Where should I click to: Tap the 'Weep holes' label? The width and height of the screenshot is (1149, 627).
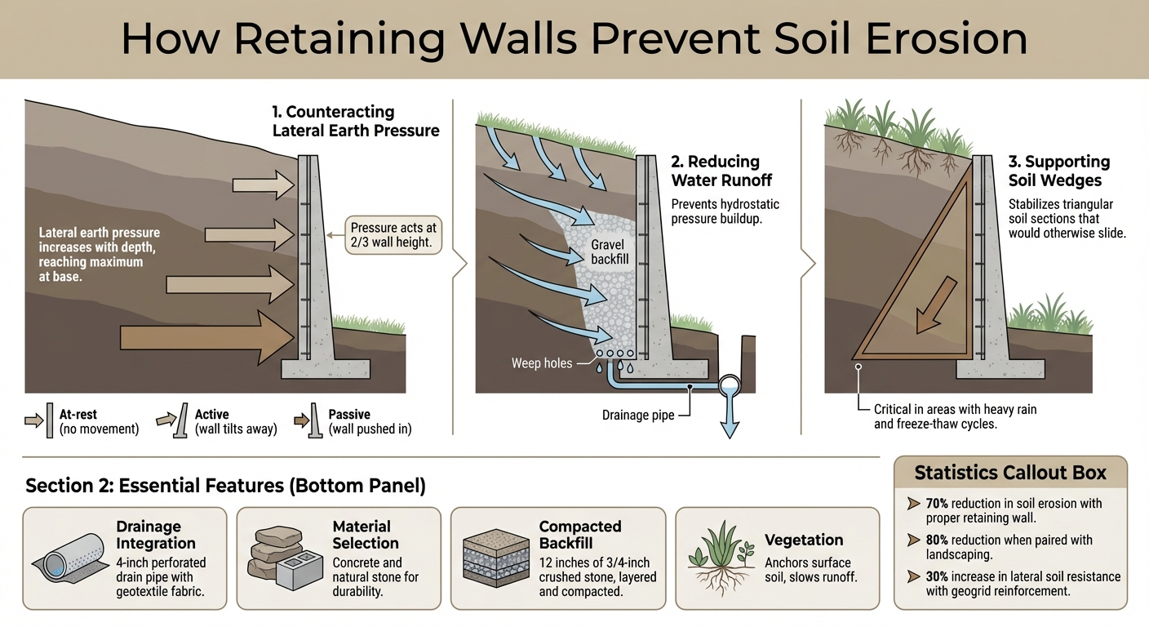(x=542, y=362)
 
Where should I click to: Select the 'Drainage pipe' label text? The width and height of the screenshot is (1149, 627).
(x=638, y=415)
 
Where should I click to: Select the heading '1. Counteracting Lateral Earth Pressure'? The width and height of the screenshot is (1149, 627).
(x=356, y=121)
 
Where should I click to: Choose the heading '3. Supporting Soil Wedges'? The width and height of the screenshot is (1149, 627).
(x=1058, y=171)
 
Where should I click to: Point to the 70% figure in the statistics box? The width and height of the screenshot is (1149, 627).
(x=938, y=504)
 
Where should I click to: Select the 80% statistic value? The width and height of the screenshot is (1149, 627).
(x=938, y=540)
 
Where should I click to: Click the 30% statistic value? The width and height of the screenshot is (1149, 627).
(x=938, y=576)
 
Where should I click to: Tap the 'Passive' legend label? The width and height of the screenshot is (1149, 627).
(x=348, y=415)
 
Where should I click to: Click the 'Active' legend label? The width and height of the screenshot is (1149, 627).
(x=211, y=415)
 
